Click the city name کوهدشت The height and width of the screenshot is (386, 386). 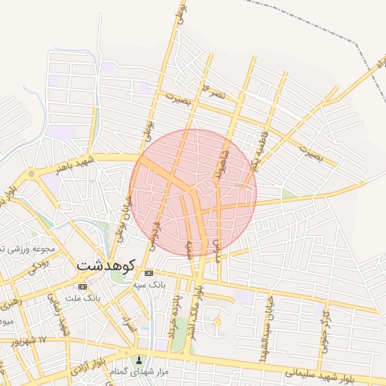pyautogui.click(x=105, y=265)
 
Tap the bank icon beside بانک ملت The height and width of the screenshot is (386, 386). pyautogui.click(x=82, y=286)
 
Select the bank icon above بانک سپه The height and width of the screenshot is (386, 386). pyautogui.click(x=149, y=272)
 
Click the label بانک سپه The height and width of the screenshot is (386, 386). pyautogui.click(x=149, y=285)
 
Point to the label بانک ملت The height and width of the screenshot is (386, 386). pyautogui.click(x=83, y=299)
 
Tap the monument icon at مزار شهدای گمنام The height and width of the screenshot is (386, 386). pyautogui.click(x=138, y=360)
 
